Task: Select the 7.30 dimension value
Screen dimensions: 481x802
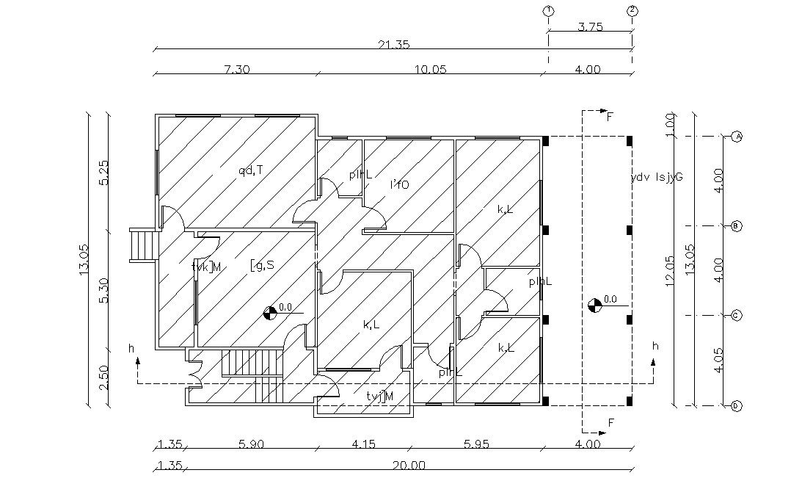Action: pyautogui.click(x=237, y=70)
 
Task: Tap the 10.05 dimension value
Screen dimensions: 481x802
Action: pyautogui.click(x=431, y=70)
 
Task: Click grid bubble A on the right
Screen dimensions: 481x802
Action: pyautogui.click(x=737, y=137)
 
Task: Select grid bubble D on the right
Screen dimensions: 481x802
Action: pyautogui.click(x=737, y=405)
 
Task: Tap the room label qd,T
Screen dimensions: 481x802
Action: pyautogui.click(x=250, y=170)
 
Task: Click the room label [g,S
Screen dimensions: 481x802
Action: pyautogui.click(x=262, y=264)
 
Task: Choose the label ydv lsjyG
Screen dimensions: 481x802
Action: pyautogui.click(x=657, y=177)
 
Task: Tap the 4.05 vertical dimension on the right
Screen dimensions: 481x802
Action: pyautogui.click(x=719, y=360)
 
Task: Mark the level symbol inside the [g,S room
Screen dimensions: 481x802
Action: pyautogui.click(x=270, y=314)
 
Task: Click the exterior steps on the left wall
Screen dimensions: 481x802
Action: pyautogui.click(x=141, y=245)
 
